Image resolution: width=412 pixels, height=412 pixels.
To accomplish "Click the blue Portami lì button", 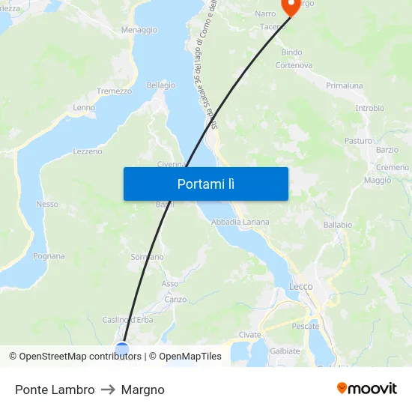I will tap(206, 184).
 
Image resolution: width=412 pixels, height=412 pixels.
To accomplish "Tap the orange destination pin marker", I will tap(289, 6).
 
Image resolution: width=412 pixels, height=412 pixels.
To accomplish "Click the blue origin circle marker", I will tap(122, 348).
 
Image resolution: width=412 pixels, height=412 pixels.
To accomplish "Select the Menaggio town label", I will tap(139, 30).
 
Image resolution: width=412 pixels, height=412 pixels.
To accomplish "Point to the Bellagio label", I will tap(160, 85).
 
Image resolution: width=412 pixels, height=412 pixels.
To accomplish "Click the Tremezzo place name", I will tap(114, 91).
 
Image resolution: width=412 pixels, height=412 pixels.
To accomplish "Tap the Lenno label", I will tap(84, 108).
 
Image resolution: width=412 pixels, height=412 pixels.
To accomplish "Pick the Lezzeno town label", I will tap(88, 151).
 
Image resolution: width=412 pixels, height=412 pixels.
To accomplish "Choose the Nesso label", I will tap(47, 204).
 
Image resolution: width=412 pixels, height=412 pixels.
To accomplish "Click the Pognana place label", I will tap(49, 256).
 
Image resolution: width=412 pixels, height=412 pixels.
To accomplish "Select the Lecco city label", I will tap(301, 287).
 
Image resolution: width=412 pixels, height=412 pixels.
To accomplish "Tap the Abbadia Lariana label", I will tap(240, 222).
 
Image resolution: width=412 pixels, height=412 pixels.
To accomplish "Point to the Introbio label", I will tap(370, 109).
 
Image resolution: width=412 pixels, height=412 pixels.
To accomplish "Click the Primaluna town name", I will tap(344, 86).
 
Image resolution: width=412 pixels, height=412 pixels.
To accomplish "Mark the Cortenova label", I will tap(294, 65).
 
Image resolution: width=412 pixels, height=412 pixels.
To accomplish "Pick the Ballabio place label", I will tap(338, 225).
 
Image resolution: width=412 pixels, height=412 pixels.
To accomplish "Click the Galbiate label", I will tap(285, 351).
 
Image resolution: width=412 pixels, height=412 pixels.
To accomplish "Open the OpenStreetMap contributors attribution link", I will tap(80, 357).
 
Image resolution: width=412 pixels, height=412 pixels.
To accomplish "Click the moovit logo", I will tap(367, 389).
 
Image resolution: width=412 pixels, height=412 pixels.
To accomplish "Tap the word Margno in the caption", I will tap(142, 390).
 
